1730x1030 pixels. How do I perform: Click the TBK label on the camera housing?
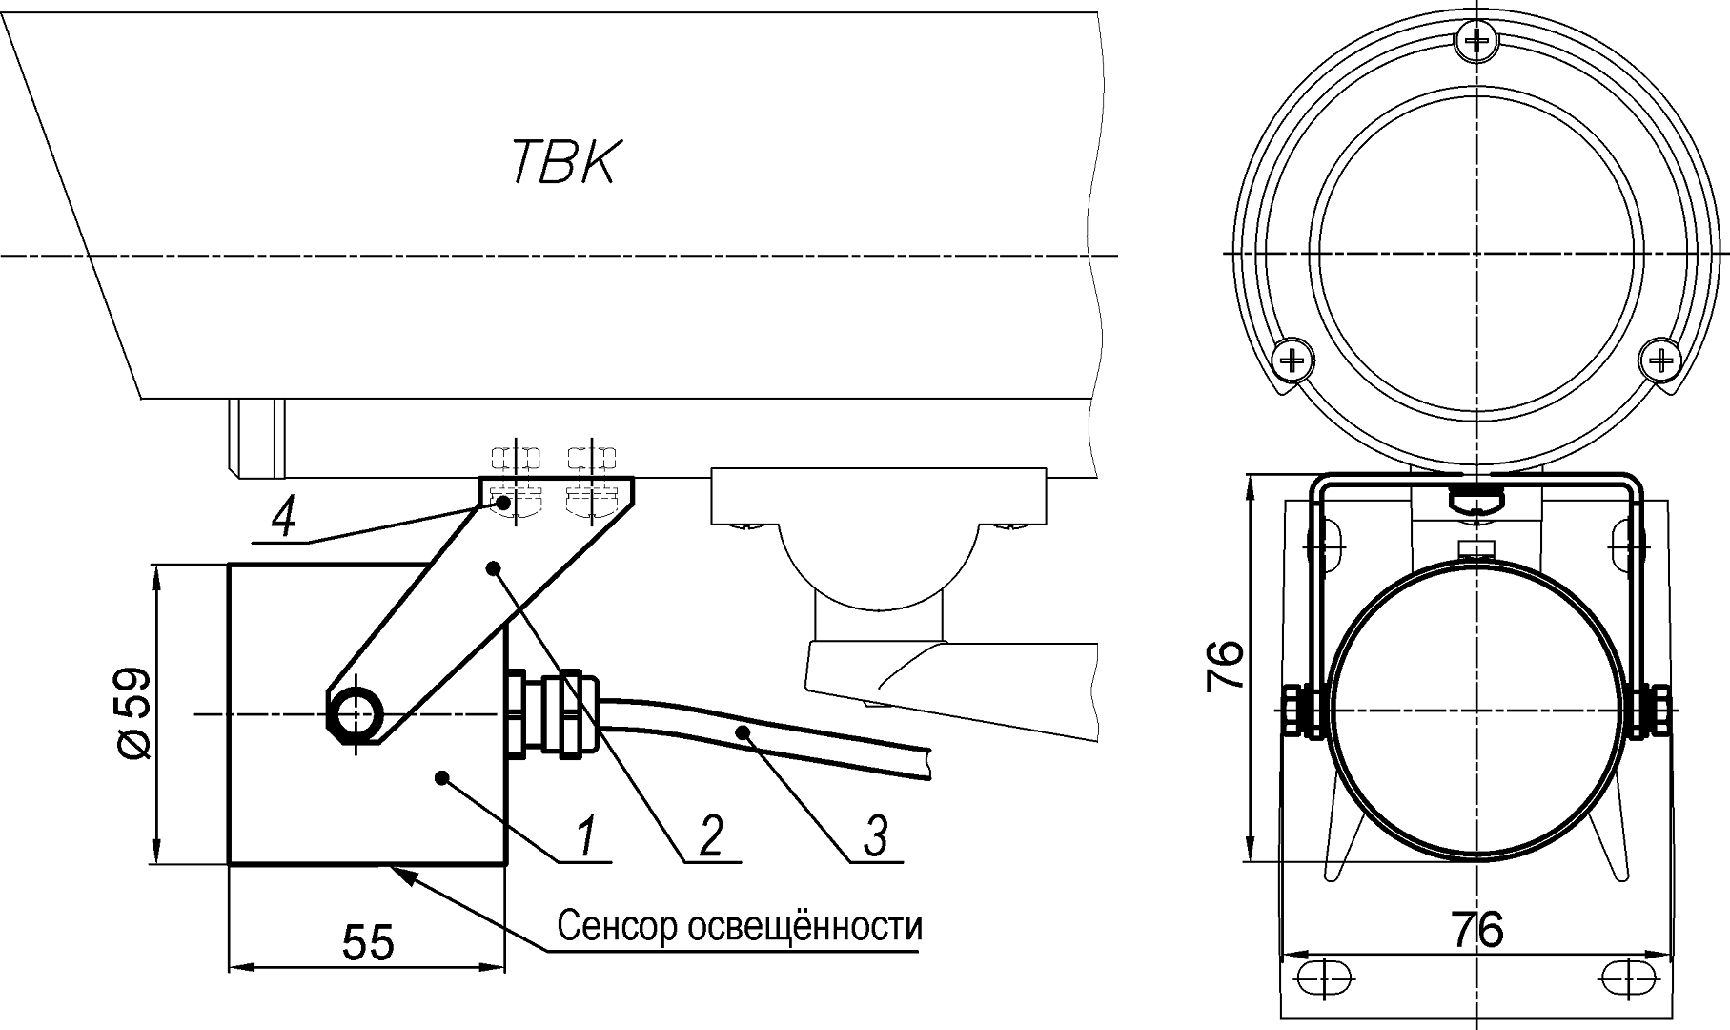pos(564,161)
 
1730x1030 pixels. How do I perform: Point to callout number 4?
pos(283,519)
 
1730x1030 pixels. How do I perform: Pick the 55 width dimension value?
pos(367,943)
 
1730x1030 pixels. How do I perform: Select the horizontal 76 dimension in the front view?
pos(1476,929)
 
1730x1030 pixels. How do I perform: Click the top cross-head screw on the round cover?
pos(1476,40)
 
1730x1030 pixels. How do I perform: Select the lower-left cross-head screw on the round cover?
pos(1292,360)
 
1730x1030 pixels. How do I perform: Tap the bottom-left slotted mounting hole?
pos(1323,978)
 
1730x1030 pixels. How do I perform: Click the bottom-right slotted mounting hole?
pos(1629,978)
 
